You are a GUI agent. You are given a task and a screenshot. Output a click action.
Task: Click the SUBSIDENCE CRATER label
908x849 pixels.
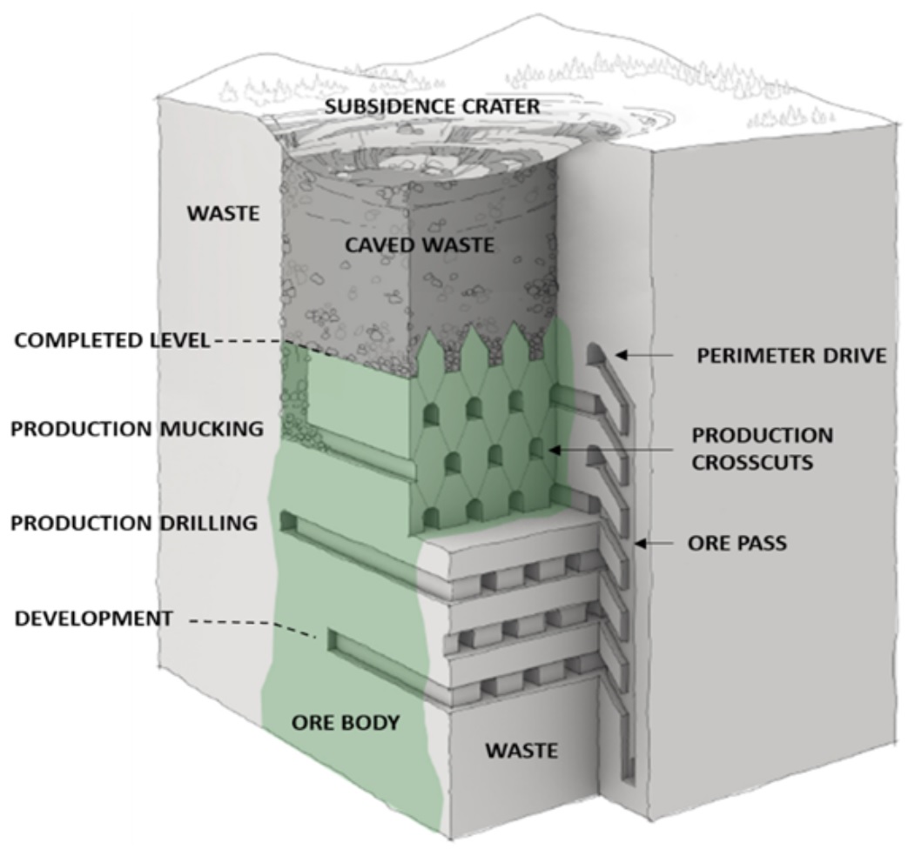[x=432, y=106]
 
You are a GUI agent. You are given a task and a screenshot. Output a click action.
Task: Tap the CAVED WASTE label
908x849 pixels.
[x=420, y=244]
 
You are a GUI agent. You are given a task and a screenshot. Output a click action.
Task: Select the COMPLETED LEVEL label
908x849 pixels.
[x=111, y=340]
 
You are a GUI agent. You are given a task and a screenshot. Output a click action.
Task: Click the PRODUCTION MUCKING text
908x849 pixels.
[x=138, y=429]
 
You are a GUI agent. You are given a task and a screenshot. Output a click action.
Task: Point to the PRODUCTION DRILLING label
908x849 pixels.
[x=134, y=523]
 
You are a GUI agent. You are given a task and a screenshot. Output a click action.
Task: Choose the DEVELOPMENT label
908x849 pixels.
[x=93, y=618]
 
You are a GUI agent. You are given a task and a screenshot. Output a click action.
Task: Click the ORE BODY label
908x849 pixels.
[x=346, y=722]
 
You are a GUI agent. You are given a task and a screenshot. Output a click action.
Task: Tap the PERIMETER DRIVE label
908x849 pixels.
[x=791, y=355]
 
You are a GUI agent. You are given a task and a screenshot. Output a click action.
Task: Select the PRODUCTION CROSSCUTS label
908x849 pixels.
[x=763, y=449]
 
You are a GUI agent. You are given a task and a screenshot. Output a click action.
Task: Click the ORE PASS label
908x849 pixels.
[x=737, y=543]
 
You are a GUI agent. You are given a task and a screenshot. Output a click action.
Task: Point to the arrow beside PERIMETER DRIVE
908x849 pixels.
[x=644, y=355]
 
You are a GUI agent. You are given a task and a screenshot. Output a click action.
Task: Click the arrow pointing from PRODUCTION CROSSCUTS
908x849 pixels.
[x=610, y=450]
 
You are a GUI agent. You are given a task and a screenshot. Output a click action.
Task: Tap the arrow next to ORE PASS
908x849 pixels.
[x=654, y=544]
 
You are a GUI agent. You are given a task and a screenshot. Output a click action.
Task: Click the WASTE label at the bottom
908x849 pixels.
[x=521, y=751]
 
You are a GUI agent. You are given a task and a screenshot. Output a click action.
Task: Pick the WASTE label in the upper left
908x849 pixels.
[x=223, y=213]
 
